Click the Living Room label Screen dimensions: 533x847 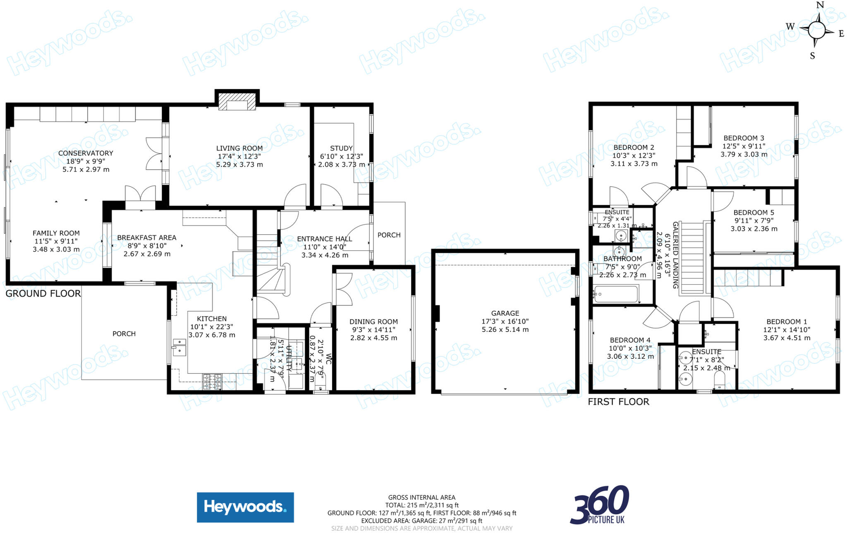tap(239, 148)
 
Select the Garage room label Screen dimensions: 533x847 tap(505, 313)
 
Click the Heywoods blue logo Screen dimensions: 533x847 tap(245, 507)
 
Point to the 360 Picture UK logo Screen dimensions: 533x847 tap(600, 505)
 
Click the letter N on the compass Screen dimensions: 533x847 tap(820, 5)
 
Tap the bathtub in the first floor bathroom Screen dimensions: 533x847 tap(616, 295)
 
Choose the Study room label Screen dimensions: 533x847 tap(341, 148)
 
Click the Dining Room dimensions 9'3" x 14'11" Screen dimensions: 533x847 tap(373, 330)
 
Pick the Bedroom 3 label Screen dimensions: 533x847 tap(744, 138)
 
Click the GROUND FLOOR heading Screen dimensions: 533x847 tap(43, 294)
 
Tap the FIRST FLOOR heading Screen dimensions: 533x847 tap(618, 402)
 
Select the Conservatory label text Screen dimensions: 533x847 tap(86, 153)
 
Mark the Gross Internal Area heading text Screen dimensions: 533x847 tap(421, 497)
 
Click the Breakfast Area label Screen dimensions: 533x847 tap(146, 238)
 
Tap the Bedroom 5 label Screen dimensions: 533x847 tap(754, 213)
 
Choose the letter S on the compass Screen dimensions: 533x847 tap(812, 56)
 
